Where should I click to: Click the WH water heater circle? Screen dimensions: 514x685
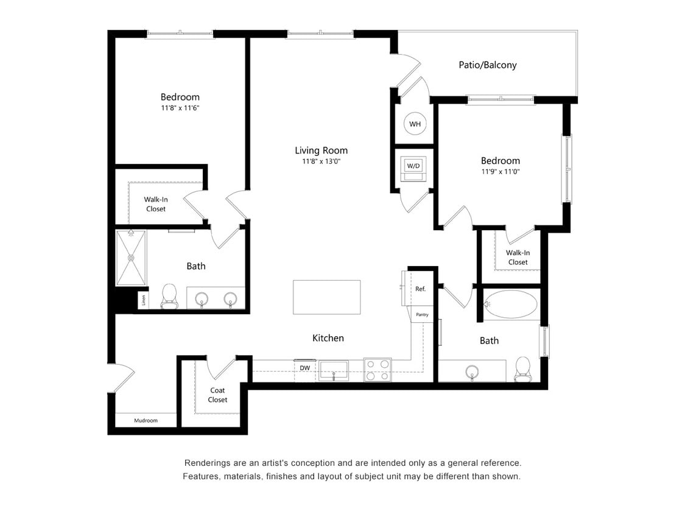(415, 124)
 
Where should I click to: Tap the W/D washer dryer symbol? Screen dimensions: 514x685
(413, 166)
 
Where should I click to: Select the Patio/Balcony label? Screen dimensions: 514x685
(487, 65)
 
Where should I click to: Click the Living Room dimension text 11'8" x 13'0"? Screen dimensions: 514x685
(321, 162)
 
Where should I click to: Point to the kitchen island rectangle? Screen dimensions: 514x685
(327, 297)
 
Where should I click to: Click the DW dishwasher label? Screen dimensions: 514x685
(305, 368)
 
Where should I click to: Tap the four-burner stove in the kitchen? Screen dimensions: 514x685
(378, 370)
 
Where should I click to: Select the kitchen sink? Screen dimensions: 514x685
(334, 370)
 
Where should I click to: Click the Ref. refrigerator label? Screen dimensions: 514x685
(420, 289)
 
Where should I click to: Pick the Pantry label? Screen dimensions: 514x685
(422, 315)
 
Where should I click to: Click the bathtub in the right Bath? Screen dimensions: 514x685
(511, 305)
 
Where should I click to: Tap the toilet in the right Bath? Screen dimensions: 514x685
(523, 368)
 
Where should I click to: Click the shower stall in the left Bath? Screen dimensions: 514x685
(131, 258)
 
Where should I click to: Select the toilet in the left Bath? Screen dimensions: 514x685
(169, 297)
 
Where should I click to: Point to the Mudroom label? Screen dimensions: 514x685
(146, 420)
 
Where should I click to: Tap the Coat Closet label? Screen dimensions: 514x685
(217, 395)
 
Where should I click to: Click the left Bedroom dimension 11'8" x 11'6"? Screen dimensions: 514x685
(180, 108)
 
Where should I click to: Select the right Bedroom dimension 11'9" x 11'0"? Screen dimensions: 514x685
(500, 172)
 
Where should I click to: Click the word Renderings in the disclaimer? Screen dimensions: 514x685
(209, 463)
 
